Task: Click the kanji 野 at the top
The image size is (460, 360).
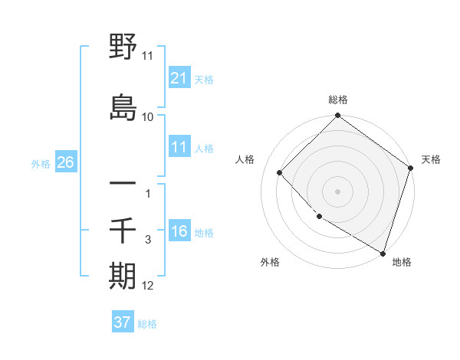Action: coord(123,48)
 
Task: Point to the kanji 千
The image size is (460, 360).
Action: coord(123,231)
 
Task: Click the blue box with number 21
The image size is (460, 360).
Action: coord(179,77)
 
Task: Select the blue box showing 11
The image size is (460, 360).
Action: coord(179,147)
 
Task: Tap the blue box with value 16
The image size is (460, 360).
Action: coord(179,231)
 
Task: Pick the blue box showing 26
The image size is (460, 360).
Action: coord(65,162)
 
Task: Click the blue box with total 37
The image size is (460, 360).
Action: coord(122,322)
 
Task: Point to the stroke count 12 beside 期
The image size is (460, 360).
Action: coord(148,286)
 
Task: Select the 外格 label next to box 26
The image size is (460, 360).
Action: coord(41,163)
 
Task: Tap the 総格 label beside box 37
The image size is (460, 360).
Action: coord(147,323)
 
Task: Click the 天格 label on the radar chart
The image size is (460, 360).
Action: coord(432,159)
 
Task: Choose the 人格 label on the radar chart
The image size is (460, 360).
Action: coord(245,159)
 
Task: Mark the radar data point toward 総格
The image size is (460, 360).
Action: coord(337,116)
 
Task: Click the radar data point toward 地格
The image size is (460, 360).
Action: coord(383,251)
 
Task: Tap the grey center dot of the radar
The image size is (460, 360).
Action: coord(337,191)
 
